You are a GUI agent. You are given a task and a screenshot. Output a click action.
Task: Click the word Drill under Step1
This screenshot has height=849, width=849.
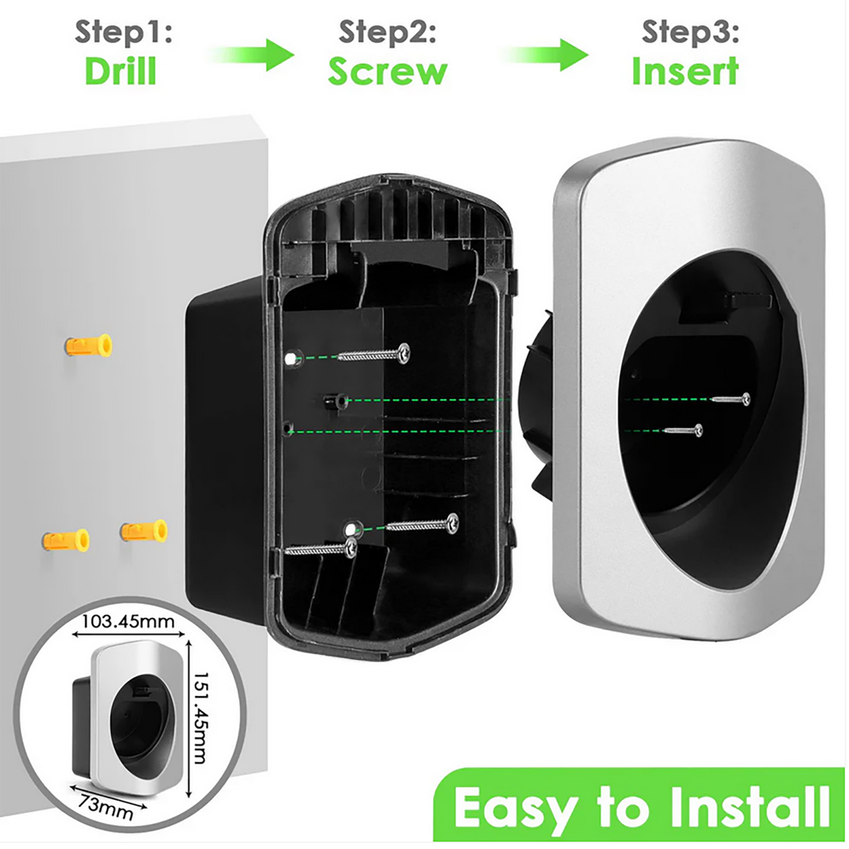coord(120,71)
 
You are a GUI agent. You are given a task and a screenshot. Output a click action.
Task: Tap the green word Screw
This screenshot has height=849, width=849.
coord(388,72)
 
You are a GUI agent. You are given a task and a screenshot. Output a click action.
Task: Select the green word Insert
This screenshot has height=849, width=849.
coord(685,71)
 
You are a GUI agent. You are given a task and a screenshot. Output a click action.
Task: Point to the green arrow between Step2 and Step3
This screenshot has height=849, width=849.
coord(545,55)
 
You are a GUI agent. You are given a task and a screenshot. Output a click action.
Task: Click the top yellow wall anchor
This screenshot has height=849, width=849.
coord(89,346)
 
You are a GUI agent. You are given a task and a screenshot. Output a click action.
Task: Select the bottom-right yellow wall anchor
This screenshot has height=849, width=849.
coord(144,531)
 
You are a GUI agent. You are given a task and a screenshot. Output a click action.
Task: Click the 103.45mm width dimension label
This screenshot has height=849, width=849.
coord(128,621)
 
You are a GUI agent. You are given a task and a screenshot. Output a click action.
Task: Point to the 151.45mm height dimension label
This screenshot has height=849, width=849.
coord(200,718)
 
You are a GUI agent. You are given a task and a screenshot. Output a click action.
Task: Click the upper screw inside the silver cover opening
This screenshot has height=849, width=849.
coord(731,399)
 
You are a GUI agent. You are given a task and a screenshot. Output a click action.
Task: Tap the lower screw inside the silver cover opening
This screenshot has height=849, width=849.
coord(683,430)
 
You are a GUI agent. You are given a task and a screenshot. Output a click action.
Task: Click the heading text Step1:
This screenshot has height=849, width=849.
coord(124,31)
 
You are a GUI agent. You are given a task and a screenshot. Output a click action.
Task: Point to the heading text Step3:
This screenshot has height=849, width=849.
coord(690,31)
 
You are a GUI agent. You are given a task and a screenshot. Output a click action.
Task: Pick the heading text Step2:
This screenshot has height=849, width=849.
coord(388,31)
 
